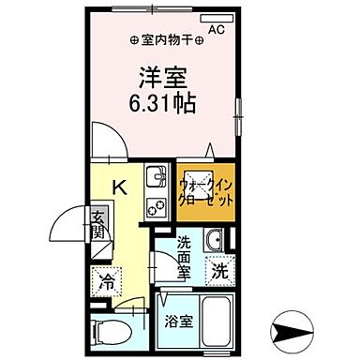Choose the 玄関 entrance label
98,226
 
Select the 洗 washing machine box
218,274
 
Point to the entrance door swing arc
66,225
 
